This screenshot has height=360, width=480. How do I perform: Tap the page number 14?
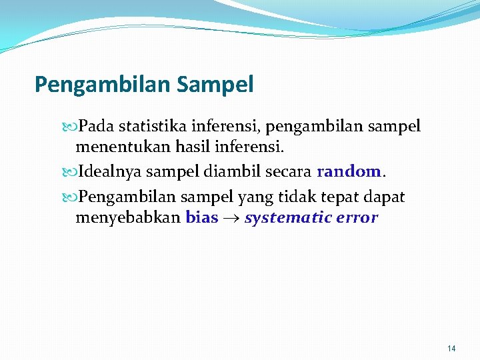(x=451, y=348)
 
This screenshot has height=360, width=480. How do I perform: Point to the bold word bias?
(x=202, y=217)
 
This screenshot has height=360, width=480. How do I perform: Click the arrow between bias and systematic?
(x=231, y=218)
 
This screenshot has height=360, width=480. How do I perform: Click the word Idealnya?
(x=110, y=171)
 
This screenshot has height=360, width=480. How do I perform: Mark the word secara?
(x=288, y=171)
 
